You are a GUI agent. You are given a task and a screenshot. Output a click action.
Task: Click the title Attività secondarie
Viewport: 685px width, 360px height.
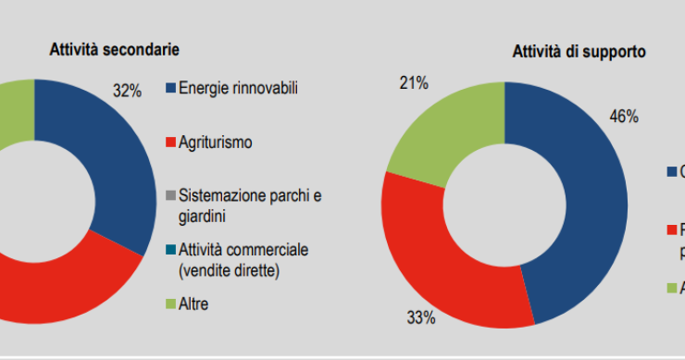(114, 49)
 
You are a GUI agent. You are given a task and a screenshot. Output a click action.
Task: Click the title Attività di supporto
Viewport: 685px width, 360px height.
(579, 53)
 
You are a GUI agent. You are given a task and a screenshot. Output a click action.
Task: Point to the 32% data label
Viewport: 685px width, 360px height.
(128, 92)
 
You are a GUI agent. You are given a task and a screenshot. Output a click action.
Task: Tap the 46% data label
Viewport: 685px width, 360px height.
(624, 117)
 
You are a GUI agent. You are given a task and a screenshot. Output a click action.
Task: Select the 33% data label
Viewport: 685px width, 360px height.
(421, 318)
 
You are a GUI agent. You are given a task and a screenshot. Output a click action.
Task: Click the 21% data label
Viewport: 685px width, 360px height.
(413, 84)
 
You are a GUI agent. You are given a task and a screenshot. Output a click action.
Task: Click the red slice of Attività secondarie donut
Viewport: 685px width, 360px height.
(56, 282)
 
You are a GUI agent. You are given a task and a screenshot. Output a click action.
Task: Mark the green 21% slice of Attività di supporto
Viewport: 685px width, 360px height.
(444, 130)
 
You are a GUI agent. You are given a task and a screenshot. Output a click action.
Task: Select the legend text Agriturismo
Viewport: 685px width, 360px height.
(215, 143)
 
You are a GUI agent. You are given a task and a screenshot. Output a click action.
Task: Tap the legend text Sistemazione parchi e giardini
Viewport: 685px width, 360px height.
(250, 205)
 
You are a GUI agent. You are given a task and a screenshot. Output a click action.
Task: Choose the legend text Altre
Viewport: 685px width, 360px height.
(193, 303)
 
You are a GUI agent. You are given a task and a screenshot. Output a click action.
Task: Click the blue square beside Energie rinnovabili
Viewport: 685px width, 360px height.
(170, 89)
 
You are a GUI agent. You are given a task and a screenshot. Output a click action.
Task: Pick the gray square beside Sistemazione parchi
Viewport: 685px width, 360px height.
(170, 196)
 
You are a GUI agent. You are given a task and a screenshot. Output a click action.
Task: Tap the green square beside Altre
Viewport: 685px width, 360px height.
(170, 304)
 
